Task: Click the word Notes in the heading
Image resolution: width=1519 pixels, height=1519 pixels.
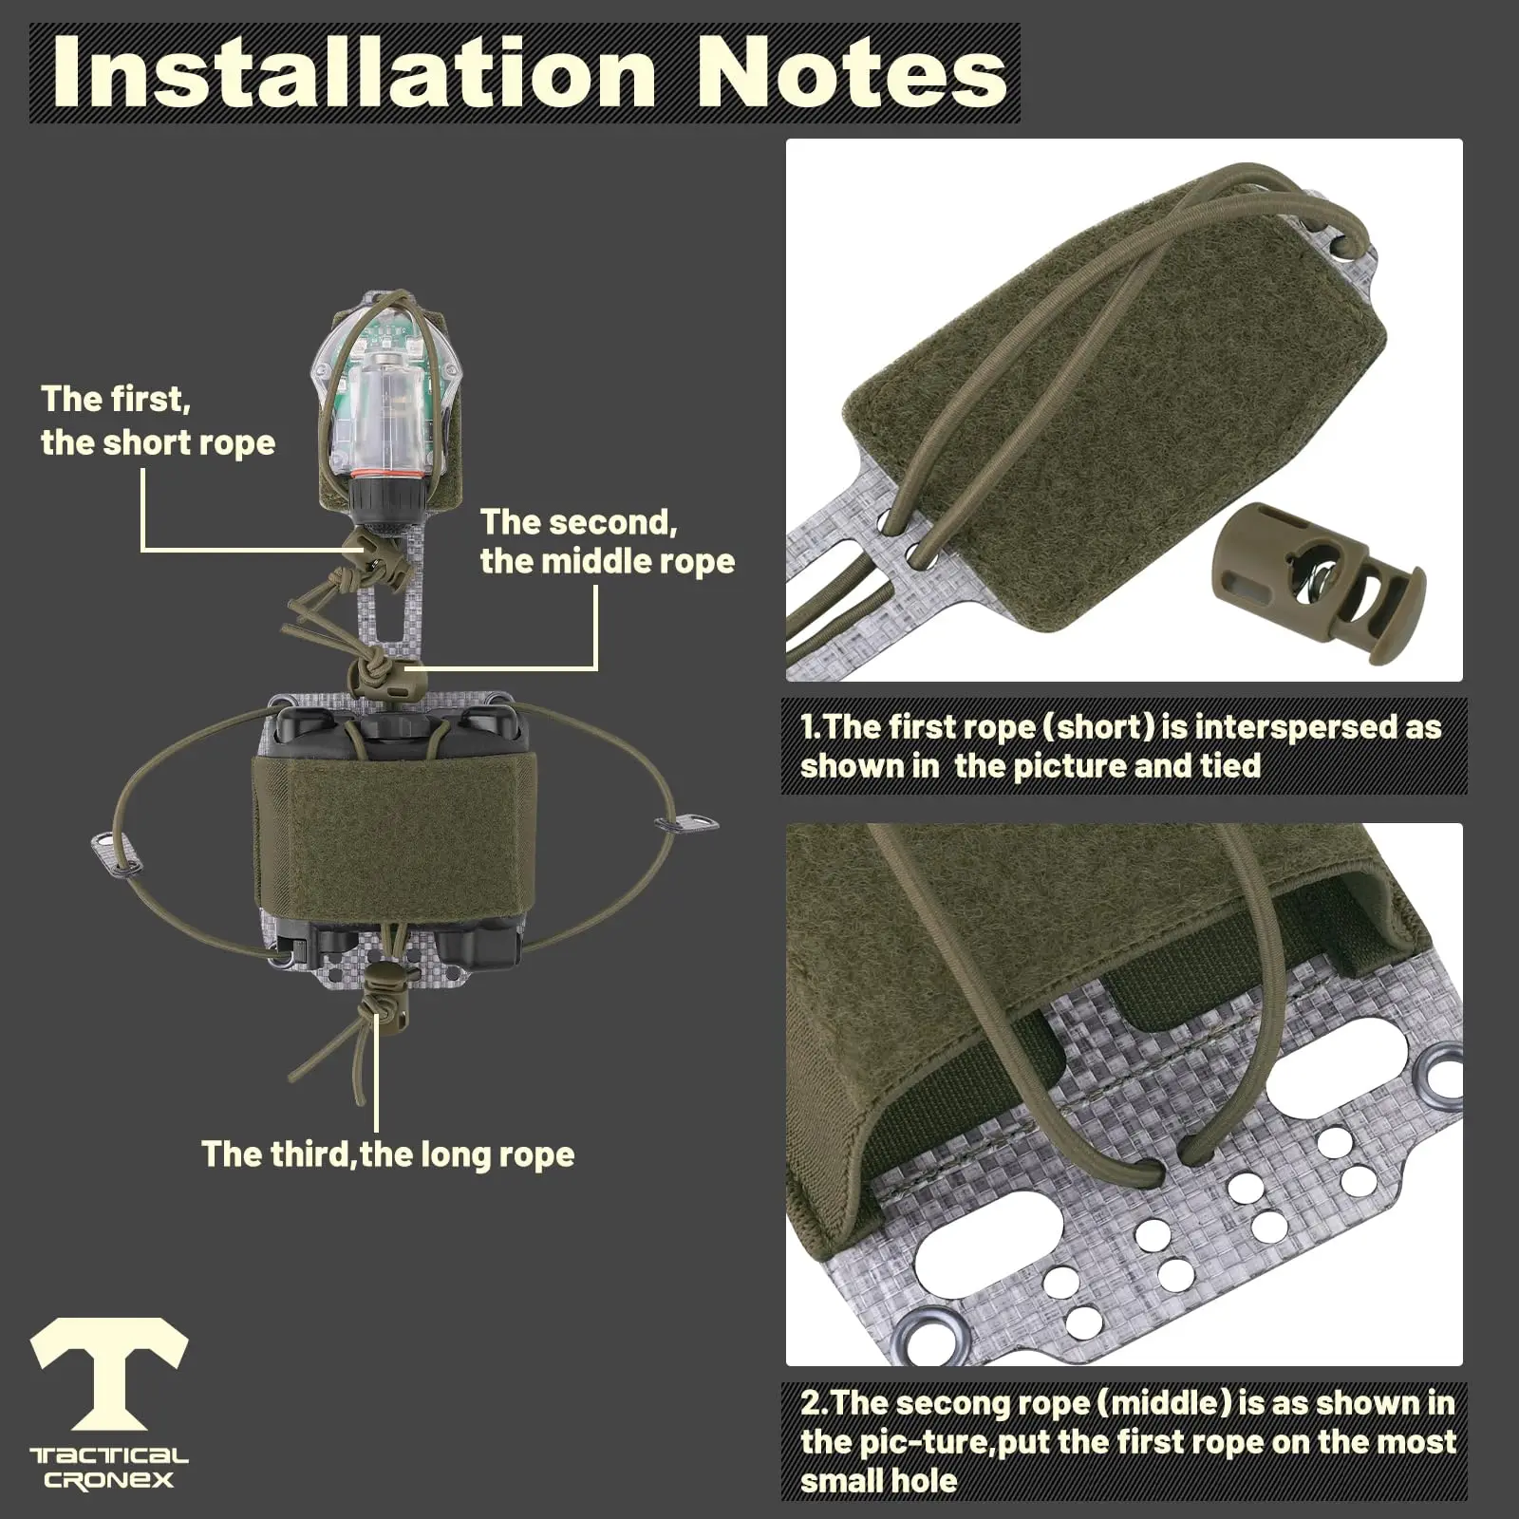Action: [x=852, y=73]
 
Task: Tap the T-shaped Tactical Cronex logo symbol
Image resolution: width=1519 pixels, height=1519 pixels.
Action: [x=109, y=1373]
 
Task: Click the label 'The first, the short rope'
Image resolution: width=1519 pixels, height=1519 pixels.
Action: [x=158, y=421]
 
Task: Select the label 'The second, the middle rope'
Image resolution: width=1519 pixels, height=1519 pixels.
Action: [x=608, y=541]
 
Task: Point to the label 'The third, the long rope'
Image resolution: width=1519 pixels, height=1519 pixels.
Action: [x=387, y=1154]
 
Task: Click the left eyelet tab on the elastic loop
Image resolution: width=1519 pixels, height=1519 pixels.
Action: [x=119, y=853]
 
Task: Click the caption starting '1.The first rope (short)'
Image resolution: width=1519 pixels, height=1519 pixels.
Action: [x=1121, y=746]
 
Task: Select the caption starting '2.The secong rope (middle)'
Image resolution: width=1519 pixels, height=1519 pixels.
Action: [x=1127, y=1440]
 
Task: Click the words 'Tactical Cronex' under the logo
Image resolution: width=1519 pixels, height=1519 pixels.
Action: [x=109, y=1468]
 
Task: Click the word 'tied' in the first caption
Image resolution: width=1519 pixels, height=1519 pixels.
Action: [x=1231, y=766]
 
